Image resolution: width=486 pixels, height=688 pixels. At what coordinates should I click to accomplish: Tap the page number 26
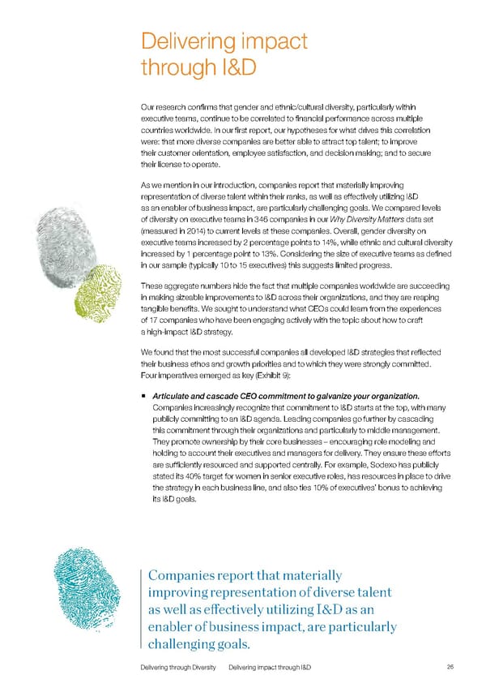point(450,666)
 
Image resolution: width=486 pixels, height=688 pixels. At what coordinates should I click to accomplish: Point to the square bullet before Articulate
point(143,396)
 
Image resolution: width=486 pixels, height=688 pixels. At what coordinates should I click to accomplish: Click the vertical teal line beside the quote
point(143,609)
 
